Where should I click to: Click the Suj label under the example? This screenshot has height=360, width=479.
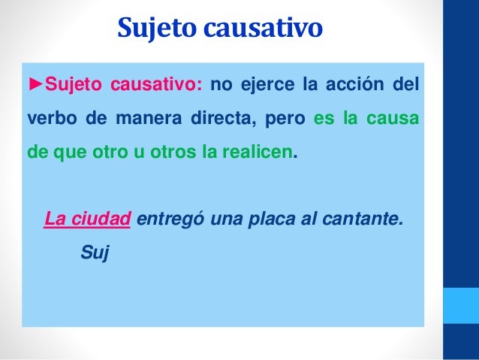point(95,253)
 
